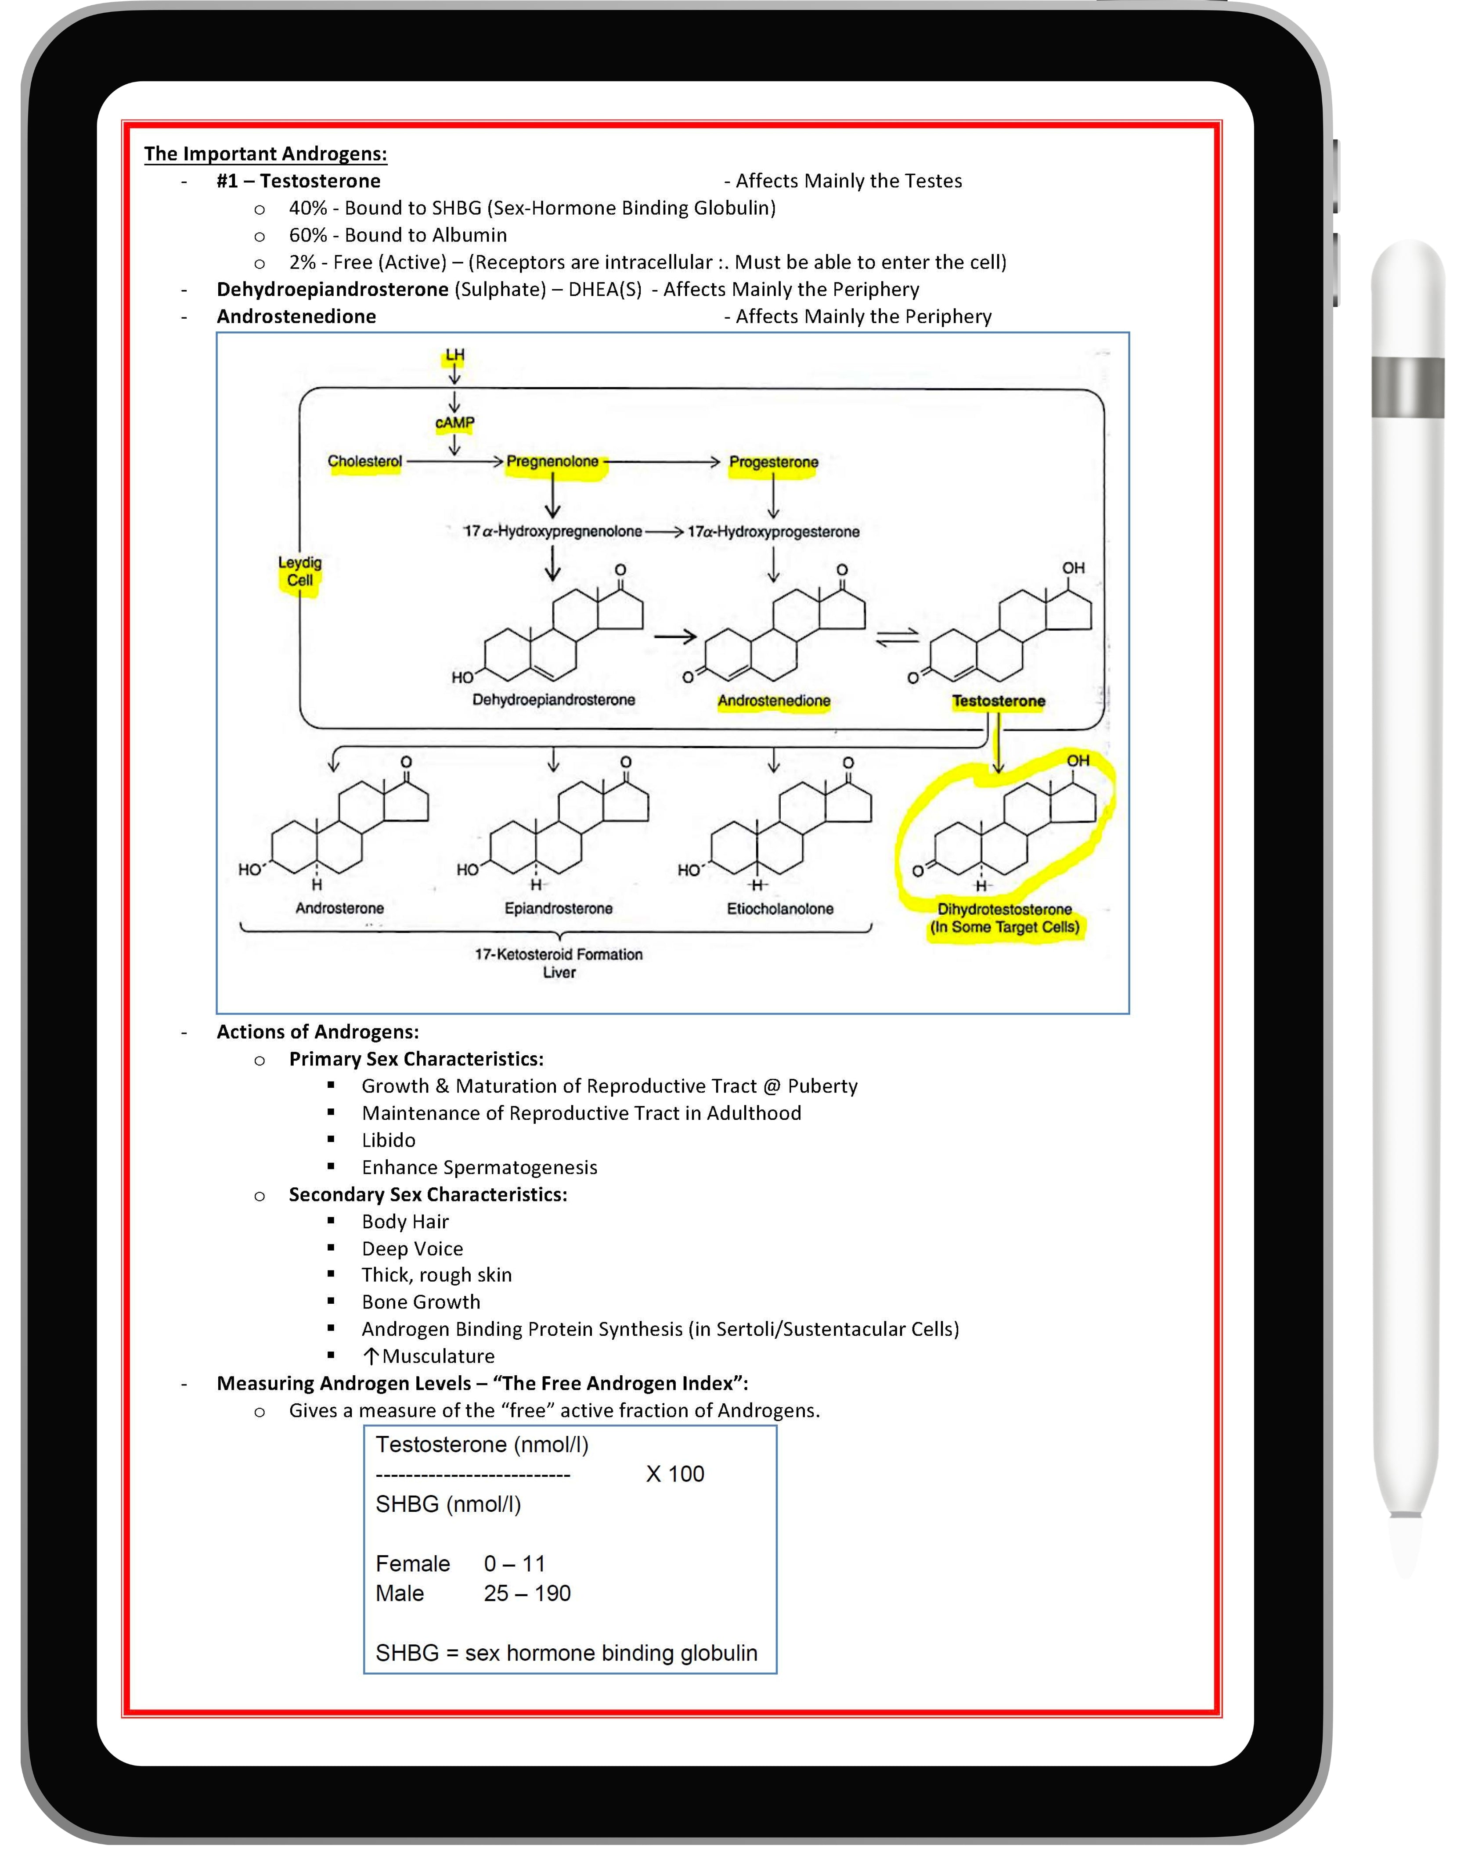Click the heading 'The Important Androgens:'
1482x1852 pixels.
(x=266, y=154)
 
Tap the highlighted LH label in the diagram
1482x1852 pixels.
(x=454, y=355)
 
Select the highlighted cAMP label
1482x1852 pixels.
(x=454, y=423)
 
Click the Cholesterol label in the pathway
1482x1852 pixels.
(x=364, y=461)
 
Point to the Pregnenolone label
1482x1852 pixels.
(x=552, y=461)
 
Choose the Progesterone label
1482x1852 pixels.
(x=773, y=462)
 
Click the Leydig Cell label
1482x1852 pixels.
(x=300, y=571)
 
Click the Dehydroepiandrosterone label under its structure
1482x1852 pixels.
(x=553, y=700)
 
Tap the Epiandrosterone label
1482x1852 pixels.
(x=559, y=909)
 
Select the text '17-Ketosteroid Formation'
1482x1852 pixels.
(x=559, y=954)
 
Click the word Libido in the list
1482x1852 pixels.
(x=388, y=1140)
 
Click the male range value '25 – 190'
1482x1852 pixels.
(x=526, y=1593)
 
